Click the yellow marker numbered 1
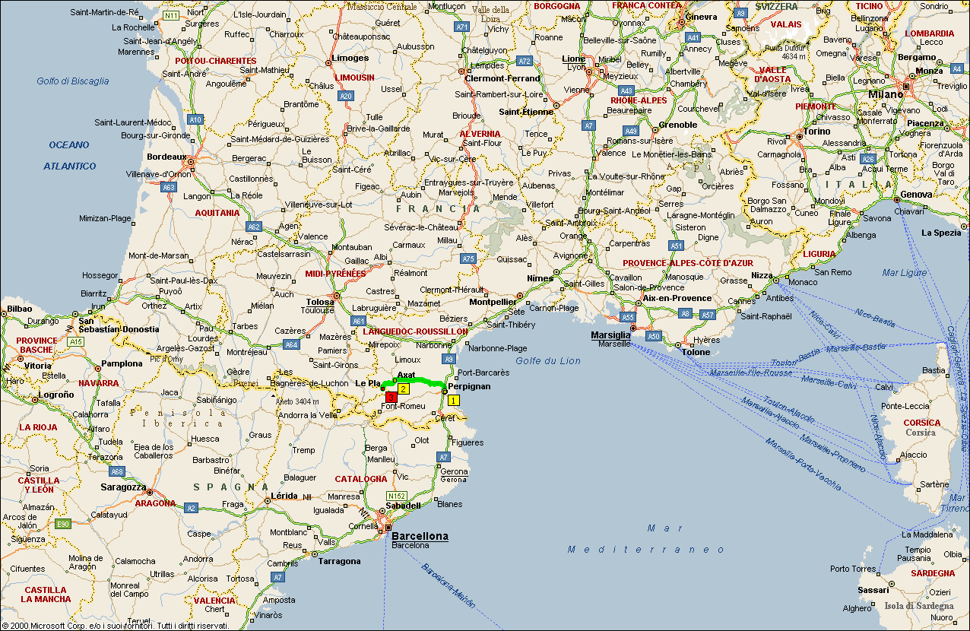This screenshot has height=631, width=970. tap(453, 400)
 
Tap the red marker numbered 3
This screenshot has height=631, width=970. tap(391, 397)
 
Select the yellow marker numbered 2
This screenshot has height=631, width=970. tap(404, 388)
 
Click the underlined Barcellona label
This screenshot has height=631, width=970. tap(420, 536)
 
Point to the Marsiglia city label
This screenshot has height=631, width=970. tap(610, 335)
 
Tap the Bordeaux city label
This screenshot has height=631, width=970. tap(166, 157)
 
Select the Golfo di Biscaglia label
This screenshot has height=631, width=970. tap(73, 81)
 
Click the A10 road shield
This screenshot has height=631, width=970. tap(195, 119)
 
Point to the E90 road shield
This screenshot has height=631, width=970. tap(63, 524)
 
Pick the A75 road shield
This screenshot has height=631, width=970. tap(468, 258)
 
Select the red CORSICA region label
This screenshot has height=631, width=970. tap(921, 423)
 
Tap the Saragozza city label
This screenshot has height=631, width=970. tap(123, 487)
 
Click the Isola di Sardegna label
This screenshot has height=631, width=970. tap(918, 606)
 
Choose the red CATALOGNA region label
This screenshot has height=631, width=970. tap(361, 479)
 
